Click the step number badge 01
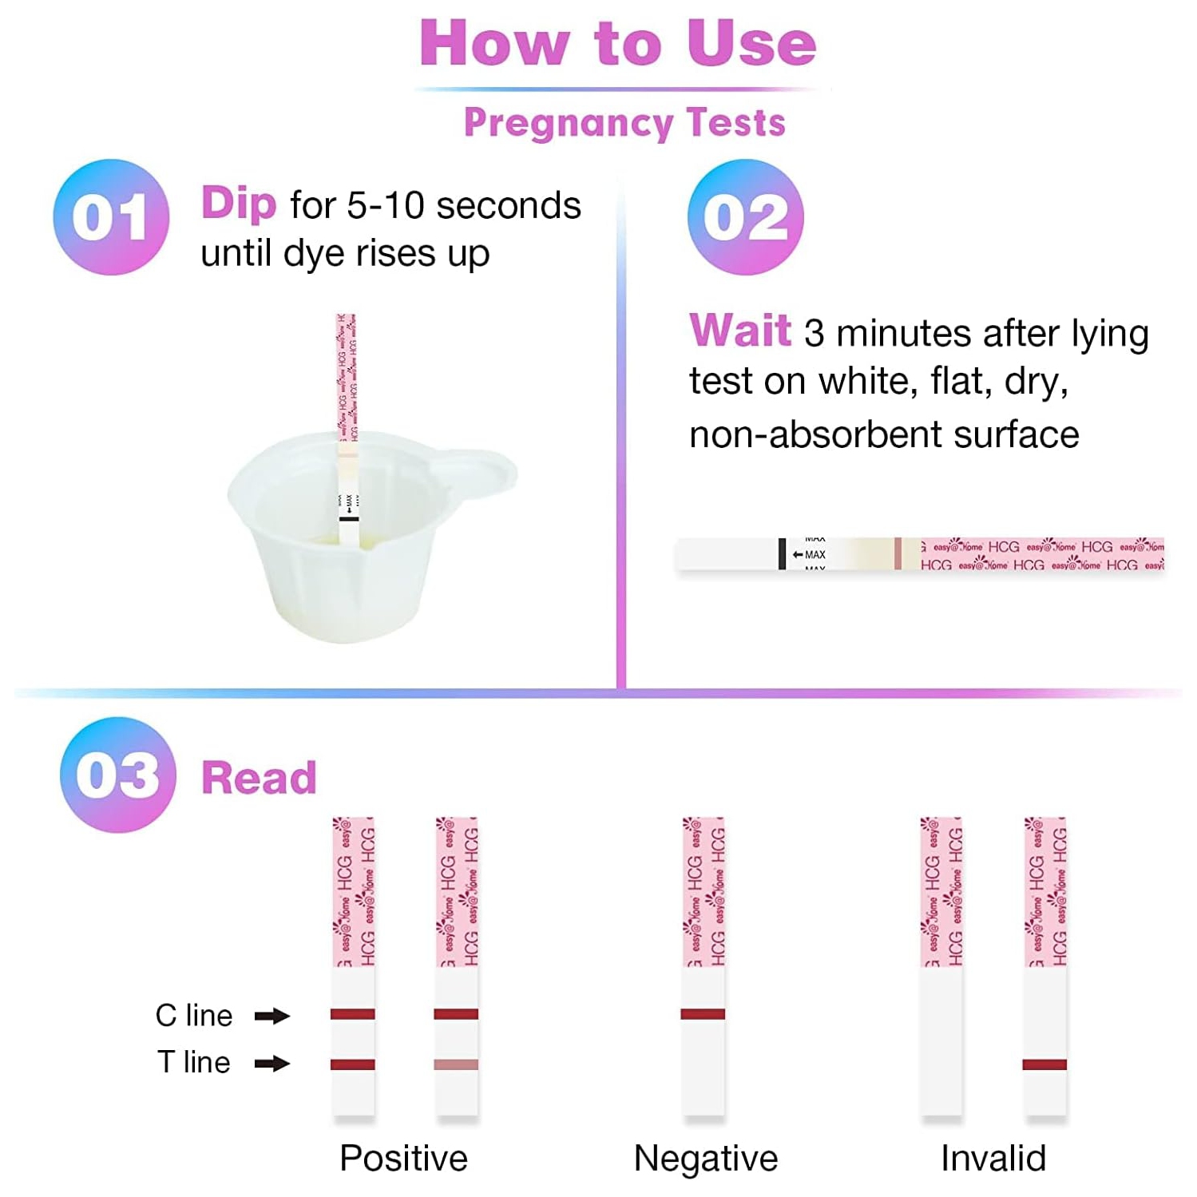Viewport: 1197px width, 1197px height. tap(111, 217)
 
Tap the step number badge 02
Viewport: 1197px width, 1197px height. tap(745, 217)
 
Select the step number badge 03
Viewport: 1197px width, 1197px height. tap(117, 775)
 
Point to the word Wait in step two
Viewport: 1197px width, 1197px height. tap(739, 331)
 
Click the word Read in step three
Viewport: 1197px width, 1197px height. tap(259, 778)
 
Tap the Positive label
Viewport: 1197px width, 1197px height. tap(403, 1158)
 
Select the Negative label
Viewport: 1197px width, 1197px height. tap(705, 1158)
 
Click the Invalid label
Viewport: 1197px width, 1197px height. tap(993, 1158)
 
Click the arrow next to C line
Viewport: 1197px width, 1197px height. tap(272, 1016)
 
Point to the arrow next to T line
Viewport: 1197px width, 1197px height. tap(272, 1063)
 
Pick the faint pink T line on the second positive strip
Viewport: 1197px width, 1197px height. tap(456, 1064)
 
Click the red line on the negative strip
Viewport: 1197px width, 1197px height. tap(703, 1014)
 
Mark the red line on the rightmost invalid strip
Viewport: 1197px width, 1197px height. tap(1044, 1064)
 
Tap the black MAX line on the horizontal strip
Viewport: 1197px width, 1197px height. tap(782, 554)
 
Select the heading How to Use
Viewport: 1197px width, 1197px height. tap(617, 43)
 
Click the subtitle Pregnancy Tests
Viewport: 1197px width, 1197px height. tap(624, 123)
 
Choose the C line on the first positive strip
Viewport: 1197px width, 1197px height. tap(353, 1014)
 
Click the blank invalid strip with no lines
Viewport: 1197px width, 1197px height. tap(941, 1038)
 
